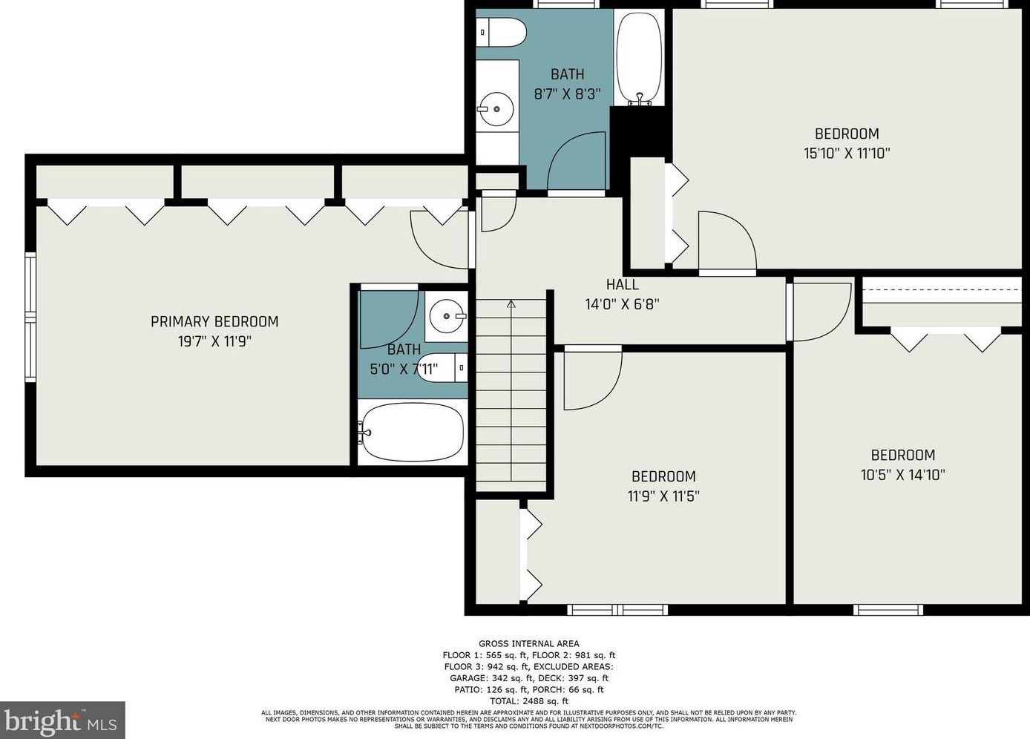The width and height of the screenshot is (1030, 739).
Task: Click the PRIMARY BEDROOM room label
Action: pyautogui.click(x=214, y=321)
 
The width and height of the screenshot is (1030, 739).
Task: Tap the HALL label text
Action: pyautogui.click(x=622, y=285)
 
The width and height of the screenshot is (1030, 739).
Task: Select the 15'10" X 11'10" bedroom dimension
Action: pyautogui.click(x=847, y=153)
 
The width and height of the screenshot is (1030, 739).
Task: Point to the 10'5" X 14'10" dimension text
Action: pyautogui.click(x=902, y=475)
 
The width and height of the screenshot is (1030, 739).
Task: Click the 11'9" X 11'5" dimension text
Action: pyautogui.click(x=663, y=496)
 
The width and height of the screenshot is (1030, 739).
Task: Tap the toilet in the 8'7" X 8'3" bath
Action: pyautogui.click(x=501, y=32)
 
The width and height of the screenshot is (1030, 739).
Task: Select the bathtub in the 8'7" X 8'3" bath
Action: pyautogui.click(x=639, y=57)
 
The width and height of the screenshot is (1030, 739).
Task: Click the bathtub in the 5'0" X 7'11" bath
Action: pyautogui.click(x=411, y=433)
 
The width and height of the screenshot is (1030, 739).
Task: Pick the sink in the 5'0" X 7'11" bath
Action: pyautogui.click(x=447, y=316)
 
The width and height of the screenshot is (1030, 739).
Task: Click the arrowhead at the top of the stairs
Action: pyautogui.click(x=511, y=304)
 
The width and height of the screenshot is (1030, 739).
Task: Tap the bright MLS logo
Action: pyautogui.click(x=62, y=720)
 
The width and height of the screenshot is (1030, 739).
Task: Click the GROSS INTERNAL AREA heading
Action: pyautogui.click(x=529, y=644)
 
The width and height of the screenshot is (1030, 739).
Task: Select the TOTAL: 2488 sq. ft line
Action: pyautogui.click(x=529, y=701)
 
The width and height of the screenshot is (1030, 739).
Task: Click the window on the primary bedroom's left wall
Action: pyautogui.click(x=30, y=317)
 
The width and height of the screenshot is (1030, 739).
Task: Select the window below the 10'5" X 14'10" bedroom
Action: pyautogui.click(x=888, y=610)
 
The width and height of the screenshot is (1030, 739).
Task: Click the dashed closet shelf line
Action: pyautogui.click(x=942, y=290)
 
